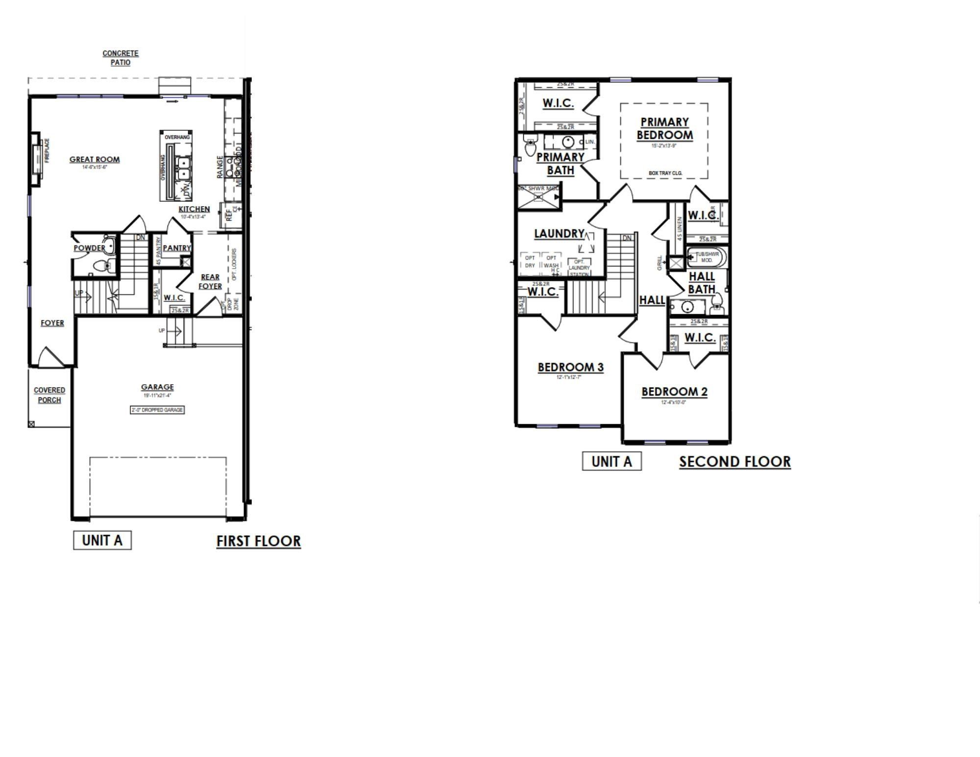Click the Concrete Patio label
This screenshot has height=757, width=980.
click(x=121, y=58)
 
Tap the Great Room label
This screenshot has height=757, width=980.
click(x=95, y=159)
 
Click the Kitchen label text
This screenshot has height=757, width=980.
click(x=194, y=209)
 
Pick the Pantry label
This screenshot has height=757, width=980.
click(x=176, y=248)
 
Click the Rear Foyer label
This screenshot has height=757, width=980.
click(x=210, y=282)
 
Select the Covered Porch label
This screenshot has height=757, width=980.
click(x=49, y=395)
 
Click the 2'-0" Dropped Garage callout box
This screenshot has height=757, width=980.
click(x=157, y=410)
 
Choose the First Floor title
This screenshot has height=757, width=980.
click(x=258, y=541)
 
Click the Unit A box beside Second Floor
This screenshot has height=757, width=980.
click(x=612, y=462)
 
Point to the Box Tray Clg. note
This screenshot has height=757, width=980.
click(x=665, y=173)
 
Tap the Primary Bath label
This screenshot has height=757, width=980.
click(x=560, y=164)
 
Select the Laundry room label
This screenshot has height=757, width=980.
click(x=559, y=234)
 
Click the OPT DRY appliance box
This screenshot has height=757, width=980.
click(x=530, y=262)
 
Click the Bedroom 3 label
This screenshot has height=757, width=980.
click(x=570, y=367)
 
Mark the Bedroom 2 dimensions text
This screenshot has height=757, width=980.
click(x=674, y=402)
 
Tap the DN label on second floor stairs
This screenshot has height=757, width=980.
click(x=627, y=238)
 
